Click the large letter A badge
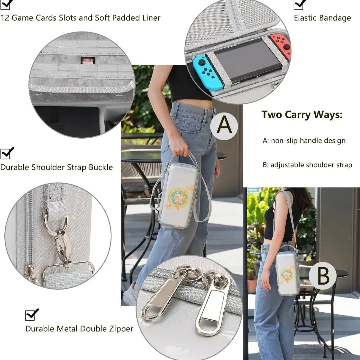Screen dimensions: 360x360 click(x=224, y=126)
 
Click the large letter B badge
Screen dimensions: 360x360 click(x=323, y=276)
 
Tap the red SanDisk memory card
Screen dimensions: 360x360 click(x=88, y=61)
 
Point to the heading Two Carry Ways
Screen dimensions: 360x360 click(x=302, y=115)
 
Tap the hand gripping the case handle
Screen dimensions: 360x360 click(x=179, y=147)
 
